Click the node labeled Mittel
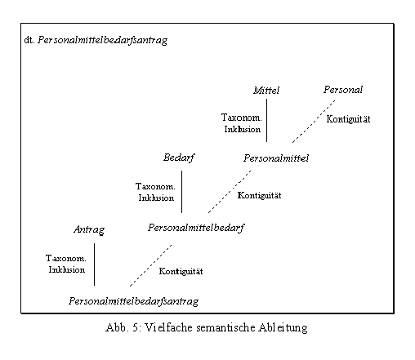(266, 91)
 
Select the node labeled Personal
(343, 90)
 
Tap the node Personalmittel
(276, 158)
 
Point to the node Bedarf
(179, 158)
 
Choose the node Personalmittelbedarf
(196, 228)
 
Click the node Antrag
(89, 230)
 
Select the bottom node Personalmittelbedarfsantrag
(133, 301)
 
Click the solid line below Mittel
(266, 120)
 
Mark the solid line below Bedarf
(181, 192)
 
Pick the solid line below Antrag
(94, 264)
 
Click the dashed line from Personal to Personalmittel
(314, 122)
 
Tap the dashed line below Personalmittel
(230, 192)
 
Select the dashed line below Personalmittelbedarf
(151, 265)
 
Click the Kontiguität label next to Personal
(348, 119)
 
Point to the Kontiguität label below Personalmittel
(259, 195)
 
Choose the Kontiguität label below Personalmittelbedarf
(181, 271)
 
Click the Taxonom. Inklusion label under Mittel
(242, 123)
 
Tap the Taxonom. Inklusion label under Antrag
(66, 264)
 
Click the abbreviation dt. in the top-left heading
(29, 40)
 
